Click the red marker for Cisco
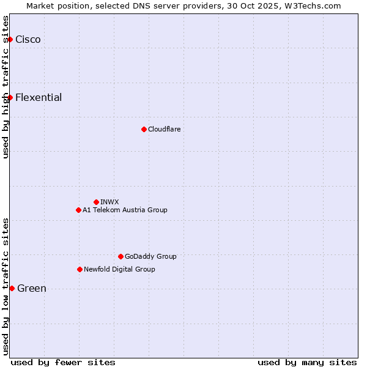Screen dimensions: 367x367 (x=10, y=39)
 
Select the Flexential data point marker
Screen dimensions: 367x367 (x=10, y=97)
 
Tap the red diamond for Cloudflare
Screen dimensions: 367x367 (x=144, y=129)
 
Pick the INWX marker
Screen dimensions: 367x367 (x=96, y=202)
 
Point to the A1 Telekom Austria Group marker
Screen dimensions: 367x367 (x=78, y=210)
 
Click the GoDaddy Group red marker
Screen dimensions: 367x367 (x=120, y=256)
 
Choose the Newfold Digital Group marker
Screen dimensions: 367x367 (x=80, y=269)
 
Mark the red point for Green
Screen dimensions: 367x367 (x=12, y=288)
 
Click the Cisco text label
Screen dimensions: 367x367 (x=28, y=39)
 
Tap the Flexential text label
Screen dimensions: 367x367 (x=39, y=97)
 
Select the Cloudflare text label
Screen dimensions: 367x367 (x=164, y=129)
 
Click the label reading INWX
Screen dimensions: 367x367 (x=109, y=202)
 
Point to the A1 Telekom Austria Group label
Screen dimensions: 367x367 (x=125, y=210)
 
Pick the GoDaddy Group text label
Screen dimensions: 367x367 (x=150, y=256)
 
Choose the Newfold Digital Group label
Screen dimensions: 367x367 (x=119, y=269)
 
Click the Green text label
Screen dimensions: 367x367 (x=32, y=288)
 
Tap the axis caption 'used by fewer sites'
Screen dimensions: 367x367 (x=63, y=362)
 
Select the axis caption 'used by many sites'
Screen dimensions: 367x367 (x=307, y=362)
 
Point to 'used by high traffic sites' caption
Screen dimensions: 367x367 (x=6, y=87)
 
